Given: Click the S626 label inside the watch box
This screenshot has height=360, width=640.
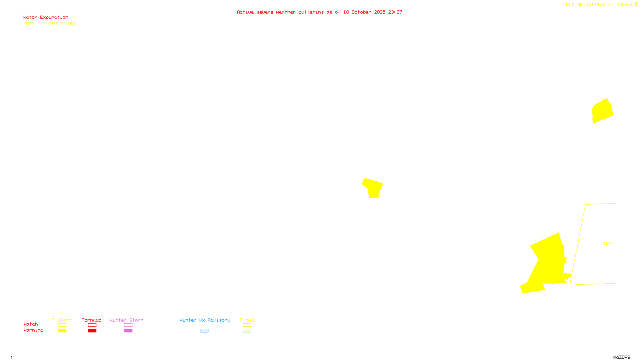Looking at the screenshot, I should tap(607, 244).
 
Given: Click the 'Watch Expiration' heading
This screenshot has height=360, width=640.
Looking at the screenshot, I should tap(46, 18).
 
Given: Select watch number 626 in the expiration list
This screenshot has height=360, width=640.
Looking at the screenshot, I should tap(30, 24).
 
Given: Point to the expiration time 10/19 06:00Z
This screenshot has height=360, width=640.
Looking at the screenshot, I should tap(60, 24).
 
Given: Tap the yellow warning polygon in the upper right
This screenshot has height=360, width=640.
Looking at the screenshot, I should tap(602, 111).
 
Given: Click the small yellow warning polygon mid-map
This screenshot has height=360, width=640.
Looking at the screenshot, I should tap(373, 188).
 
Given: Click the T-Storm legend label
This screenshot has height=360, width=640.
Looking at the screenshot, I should tap(62, 320).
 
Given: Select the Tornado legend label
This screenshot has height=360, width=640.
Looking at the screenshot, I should tap(92, 320).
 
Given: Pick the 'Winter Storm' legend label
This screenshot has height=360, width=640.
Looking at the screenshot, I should tap(126, 320).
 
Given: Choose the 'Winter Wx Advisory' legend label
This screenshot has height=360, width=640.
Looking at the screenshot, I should tap(205, 320).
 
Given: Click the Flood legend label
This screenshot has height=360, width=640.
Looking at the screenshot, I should tap(247, 320).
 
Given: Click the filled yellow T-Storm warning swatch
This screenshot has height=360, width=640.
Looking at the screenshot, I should tap(62, 331).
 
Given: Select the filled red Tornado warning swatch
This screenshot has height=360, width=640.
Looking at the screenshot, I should tap(92, 331).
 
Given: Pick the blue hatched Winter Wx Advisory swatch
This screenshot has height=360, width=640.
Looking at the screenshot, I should tap(204, 331).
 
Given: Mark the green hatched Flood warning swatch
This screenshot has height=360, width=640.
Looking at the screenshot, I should tap(247, 331).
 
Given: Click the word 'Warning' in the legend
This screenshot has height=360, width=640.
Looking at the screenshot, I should tap(33, 330).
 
